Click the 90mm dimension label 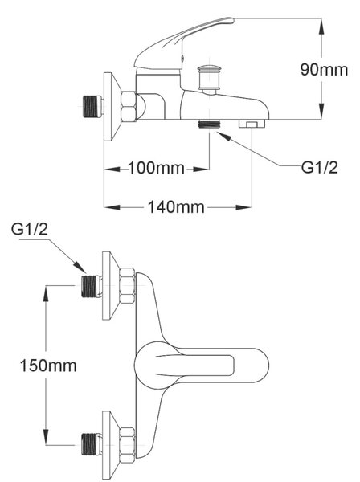click(x=324, y=70)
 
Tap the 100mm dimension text click(x=156, y=168)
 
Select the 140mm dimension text click(x=176, y=207)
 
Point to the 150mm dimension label click(x=48, y=366)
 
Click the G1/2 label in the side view click(x=319, y=168)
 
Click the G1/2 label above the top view click(x=30, y=229)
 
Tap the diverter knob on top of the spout click(x=210, y=77)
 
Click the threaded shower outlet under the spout click(x=210, y=125)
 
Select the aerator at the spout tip click(x=252, y=124)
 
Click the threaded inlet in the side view click(x=93, y=106)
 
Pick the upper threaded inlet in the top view click(x=92, y=286)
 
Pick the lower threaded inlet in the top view click(x=92, y=444)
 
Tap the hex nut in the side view click(x=129, y=106)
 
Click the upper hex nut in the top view click(x=127, y=286)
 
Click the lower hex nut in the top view click(x=127, y=445)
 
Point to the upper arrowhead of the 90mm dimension click(x=321, y=27)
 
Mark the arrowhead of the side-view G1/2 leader click(x=223, y=137)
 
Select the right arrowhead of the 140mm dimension click(x=243, y=207)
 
